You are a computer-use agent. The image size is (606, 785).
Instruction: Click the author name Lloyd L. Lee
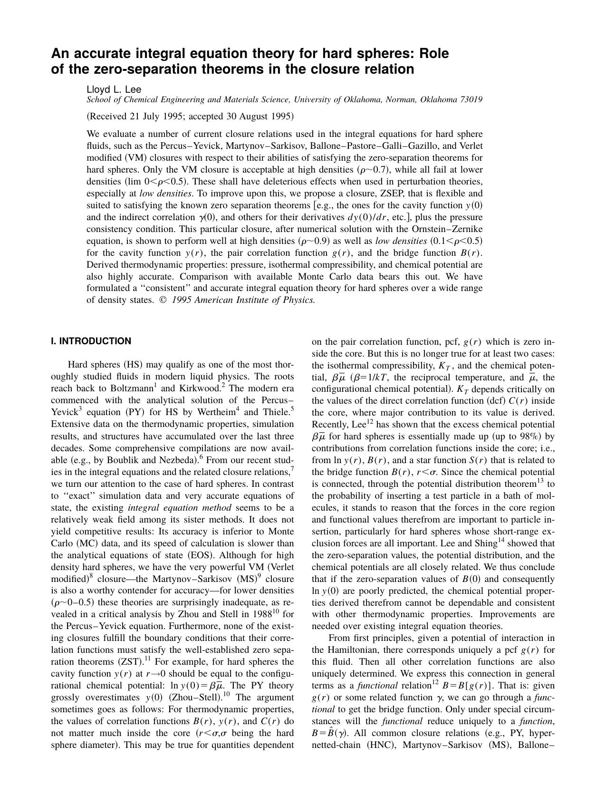114,89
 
